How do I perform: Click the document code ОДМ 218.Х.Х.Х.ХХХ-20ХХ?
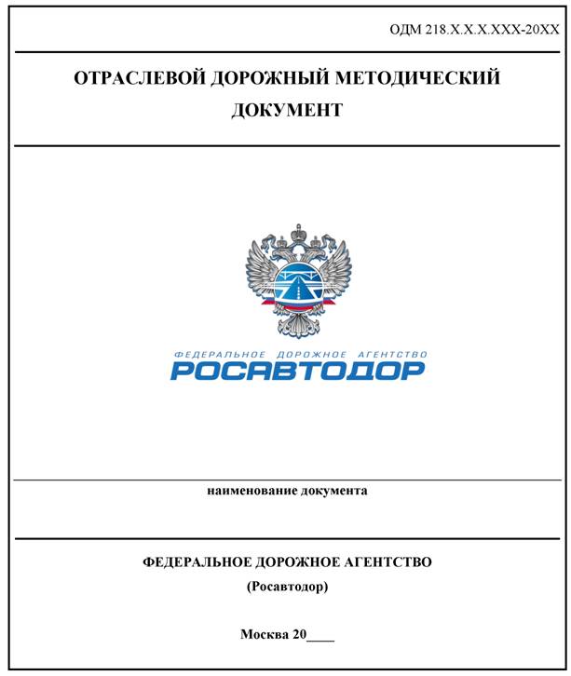pyautogui.click(x=474, y=31)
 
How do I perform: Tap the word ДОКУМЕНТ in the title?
pyautogui.click(x=287, y=110)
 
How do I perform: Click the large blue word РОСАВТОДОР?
pyautogui.click(x=297, y=371)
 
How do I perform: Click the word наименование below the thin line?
pyautogui.click(x=252, y=490)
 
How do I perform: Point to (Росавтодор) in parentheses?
pyautogui.click(x=287, y=588)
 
